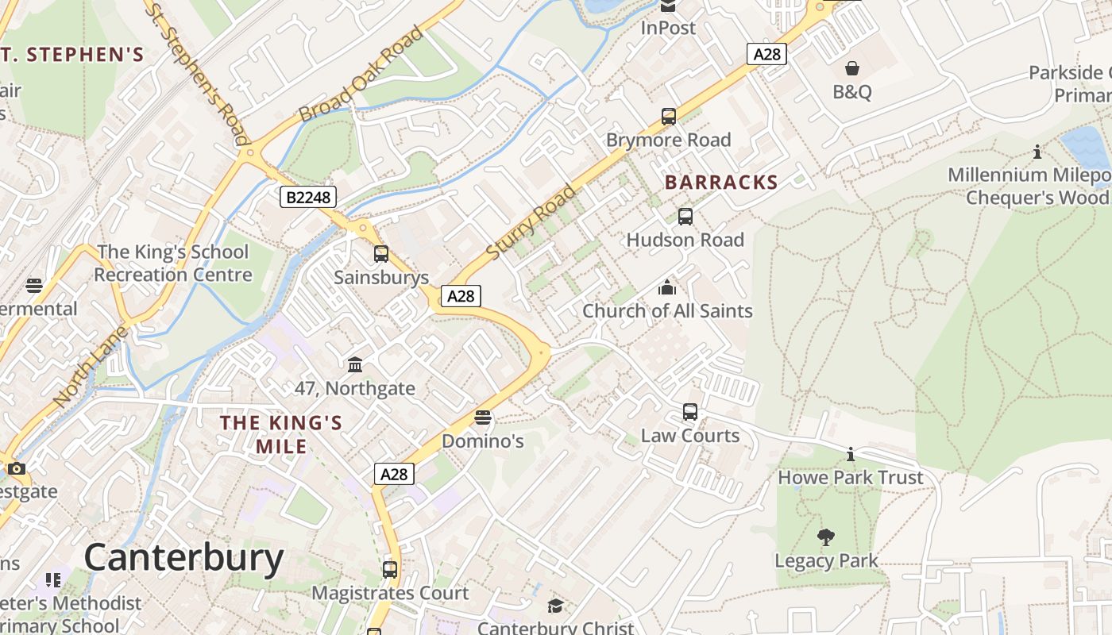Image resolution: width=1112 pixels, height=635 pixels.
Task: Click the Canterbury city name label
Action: (x=183, y=558)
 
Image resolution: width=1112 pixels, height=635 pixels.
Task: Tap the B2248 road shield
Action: (x=308, y=197)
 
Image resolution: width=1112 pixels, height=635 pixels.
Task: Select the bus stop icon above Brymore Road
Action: (x=669, y=117)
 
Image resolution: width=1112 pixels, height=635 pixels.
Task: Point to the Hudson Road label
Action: (x=685, y=240)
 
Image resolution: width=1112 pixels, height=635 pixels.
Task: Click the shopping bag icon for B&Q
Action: (x=852, y=68)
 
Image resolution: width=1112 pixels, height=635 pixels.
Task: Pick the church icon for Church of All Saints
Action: (x=667, y=287)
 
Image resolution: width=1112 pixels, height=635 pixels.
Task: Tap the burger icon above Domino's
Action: (x=482, y=418)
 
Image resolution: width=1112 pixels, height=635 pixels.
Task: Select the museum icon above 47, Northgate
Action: (x=355, y=364)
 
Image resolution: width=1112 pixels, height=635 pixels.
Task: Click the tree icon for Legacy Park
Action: (x=826, y=537)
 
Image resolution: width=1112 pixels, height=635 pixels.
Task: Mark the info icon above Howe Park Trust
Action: (x=851, y=454)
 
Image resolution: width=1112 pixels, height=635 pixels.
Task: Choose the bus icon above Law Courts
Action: (x=690, y=412)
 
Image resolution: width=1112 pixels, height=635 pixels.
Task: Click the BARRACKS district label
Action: (x=721, y=183)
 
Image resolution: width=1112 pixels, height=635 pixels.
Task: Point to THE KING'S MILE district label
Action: (x=281, y=434)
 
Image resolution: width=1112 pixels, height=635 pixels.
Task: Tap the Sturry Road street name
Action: (x=531, y=222)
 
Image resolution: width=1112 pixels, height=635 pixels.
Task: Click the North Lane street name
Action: (x=91, y=367)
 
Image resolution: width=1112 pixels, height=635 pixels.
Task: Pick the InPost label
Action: (x=668, y=28)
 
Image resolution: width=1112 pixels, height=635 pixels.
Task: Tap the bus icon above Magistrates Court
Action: (x=389, y=569)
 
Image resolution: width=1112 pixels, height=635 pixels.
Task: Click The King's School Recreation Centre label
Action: (x=172, y=264)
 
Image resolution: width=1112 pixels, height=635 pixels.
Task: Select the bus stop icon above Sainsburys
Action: (x=381, y=254)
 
